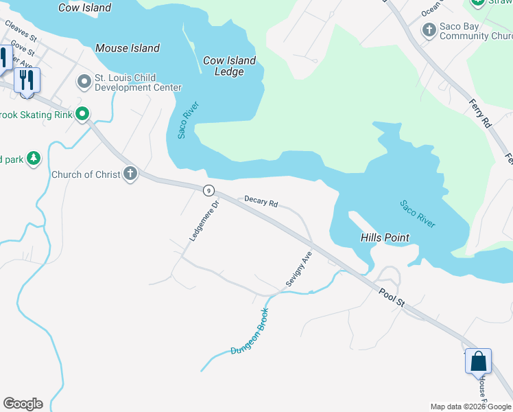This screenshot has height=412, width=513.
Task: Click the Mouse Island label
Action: pos(128,48)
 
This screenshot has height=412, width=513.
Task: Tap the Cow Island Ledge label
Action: pos(229,66)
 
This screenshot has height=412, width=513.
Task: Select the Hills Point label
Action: pos(385,238)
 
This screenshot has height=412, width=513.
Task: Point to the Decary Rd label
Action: pos(261,203)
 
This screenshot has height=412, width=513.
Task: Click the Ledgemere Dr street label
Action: pos(204,220)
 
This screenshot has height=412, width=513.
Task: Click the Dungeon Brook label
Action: pos(248,332)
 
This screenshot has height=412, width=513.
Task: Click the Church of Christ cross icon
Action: pos(130,174)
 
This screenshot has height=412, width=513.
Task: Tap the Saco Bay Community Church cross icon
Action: pos(429,30)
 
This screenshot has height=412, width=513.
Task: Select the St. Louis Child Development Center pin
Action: pos(84,82)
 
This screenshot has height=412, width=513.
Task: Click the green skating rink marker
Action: pos(83,114)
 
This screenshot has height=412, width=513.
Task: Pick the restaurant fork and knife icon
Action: pos(27,80)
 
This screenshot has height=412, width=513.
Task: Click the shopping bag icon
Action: pos(478,360)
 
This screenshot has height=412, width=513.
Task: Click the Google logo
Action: pos(23,404)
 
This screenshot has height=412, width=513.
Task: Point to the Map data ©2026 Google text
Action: pos(470,407)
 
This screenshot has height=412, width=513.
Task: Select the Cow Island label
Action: pos(85,8)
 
